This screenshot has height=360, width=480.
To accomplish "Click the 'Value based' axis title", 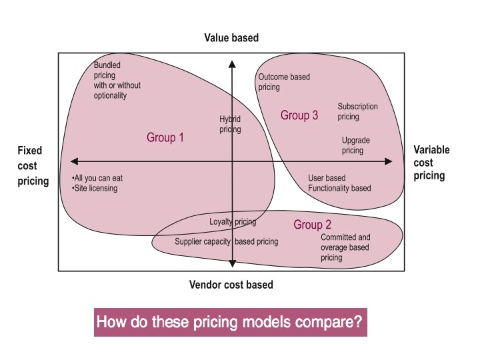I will pyautogui.click(x=231, y=38).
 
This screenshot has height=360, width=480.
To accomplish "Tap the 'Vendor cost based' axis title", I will pyautogui.click(x=231, y=285).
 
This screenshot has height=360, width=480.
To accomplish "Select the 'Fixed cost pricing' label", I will pyautogui.click(x=33, y=166).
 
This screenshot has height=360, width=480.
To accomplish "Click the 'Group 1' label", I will pyautogui.click(x=165, y=138).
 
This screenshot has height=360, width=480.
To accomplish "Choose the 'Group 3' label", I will pyautogui.click(x=299, y=115).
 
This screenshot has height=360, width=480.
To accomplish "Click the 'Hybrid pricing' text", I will pyautogui.click(x=230, y=124).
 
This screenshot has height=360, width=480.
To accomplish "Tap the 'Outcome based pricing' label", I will pyautogui.click(x=283, y=82).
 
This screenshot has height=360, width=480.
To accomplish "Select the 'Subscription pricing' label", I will pyautogui.click(x=357, y=111).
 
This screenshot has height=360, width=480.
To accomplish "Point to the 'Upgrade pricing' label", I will pyautogui.click(x=355, y=145).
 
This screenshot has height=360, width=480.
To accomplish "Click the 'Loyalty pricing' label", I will pyautogui.click(x=233, y=222).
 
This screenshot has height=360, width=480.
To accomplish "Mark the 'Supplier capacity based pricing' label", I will pyautogui.click(x=226, y=242).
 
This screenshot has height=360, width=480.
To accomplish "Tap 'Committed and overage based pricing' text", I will pyautogui.click(x=345, y=247).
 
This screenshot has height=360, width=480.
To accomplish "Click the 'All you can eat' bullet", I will pyautogui.click(x=98, y=179).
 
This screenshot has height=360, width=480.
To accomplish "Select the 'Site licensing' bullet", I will pyautogui.click(x=95, y=189).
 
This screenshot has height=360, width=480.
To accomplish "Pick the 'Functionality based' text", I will pyautogui.click(x=339, y=189).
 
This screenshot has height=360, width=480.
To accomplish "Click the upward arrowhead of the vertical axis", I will pyautogui.click(x=232, y=65).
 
